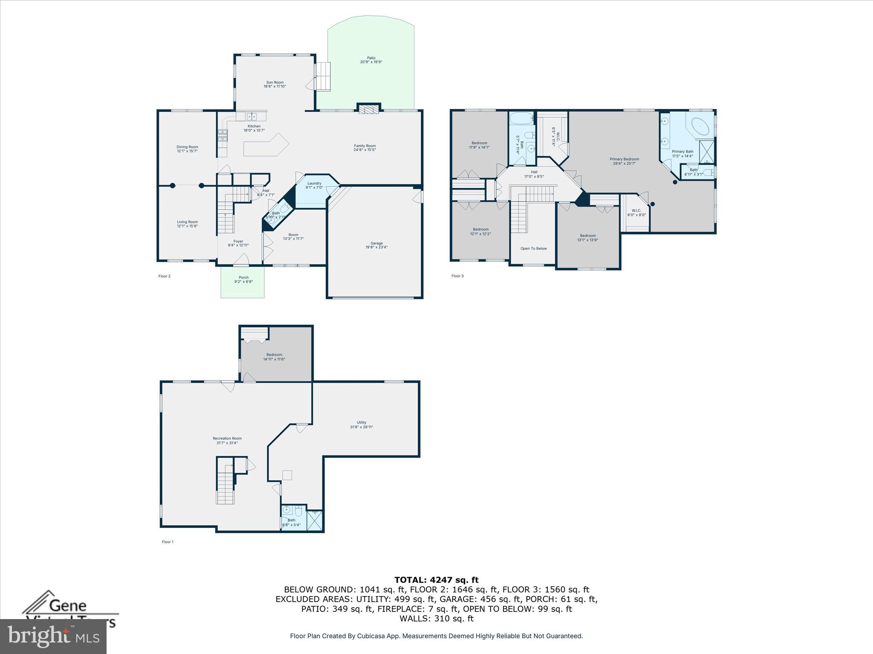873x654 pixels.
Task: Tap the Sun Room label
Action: (275, 83)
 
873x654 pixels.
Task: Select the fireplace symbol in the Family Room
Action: (368, 109)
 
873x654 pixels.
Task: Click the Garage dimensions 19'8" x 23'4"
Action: (376, 247)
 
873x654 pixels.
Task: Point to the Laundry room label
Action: (315, 184)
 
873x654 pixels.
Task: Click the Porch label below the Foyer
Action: (243, 278)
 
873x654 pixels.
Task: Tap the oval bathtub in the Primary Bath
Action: (700, 126)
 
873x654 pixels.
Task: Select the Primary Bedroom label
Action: (624, 159)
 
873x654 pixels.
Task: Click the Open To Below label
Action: (533, 249)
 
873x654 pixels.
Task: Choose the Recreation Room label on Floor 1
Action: (227, 439)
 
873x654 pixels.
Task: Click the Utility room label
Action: (361, 423)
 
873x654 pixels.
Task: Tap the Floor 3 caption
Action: (457, 276)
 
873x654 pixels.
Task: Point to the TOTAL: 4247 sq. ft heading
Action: (436, 580)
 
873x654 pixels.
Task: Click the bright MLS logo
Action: (53, 637)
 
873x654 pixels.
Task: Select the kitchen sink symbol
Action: (251, 116)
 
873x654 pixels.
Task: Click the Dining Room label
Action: (187, 147)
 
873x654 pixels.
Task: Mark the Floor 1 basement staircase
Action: (226, 482)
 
